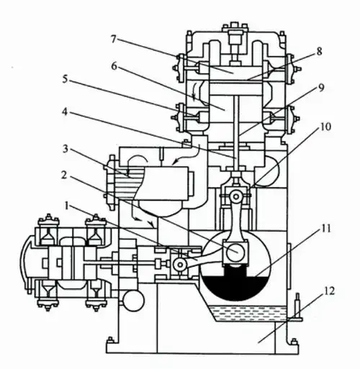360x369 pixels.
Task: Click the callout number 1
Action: coord(68,206)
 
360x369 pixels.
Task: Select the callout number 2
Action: coord(64,176)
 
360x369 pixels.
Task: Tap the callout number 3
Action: coord(66,149)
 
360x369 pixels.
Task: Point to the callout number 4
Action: coord(65,111)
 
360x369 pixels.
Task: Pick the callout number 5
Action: coord(65,79)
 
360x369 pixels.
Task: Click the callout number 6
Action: coord(114,66)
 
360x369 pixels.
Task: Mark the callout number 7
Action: coord(114,39)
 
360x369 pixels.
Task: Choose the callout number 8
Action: coord(319,51)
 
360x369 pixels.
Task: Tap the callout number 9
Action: coord(321,88)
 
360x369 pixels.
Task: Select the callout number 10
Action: coord(325,127)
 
